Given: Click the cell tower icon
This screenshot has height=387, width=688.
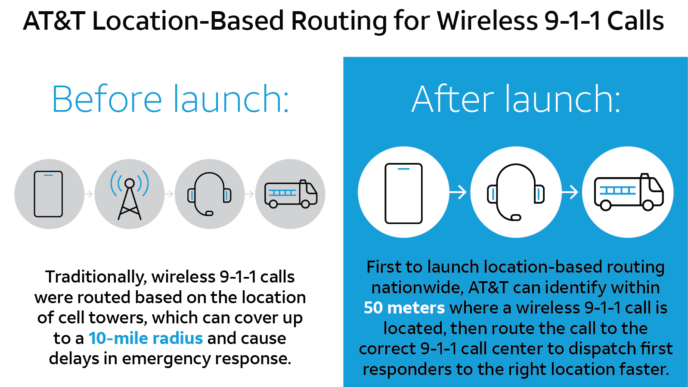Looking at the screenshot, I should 130,194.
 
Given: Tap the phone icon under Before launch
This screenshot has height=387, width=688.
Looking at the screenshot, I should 49,194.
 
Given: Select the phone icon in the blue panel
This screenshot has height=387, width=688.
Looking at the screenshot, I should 403,193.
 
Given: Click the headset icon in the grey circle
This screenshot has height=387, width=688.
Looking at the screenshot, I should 209,194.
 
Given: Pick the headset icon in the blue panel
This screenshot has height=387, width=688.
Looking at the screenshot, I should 516,192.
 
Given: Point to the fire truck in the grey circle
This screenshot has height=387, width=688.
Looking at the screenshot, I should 291,194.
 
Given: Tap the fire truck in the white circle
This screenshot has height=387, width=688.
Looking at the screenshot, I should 628,192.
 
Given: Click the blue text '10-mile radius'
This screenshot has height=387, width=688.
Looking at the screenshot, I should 146,338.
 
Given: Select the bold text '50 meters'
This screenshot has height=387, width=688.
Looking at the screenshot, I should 404,308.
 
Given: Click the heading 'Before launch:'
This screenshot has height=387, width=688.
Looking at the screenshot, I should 170,99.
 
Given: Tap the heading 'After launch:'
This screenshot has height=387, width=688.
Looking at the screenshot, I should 516,99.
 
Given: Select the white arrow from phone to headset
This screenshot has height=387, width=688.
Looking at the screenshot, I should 458,192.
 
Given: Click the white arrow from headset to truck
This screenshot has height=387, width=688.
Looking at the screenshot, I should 570,192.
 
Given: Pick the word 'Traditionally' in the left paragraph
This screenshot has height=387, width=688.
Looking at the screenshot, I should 96,277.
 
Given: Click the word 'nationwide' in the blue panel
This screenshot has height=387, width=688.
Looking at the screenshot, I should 417,287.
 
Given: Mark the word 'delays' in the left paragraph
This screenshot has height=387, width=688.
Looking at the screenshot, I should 74,359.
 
